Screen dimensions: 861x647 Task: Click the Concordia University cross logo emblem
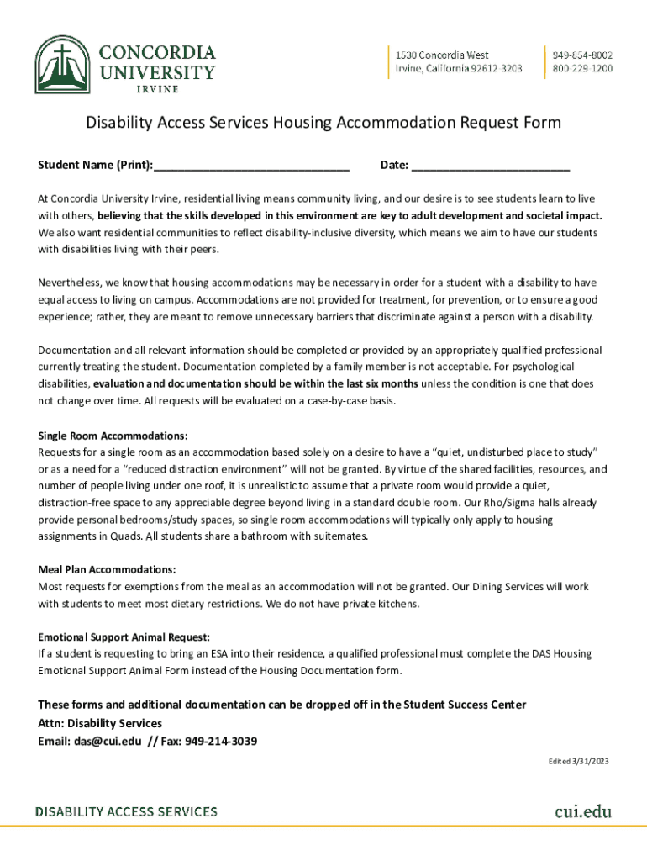pos(64,65)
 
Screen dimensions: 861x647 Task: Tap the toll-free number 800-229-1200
pos(582,68)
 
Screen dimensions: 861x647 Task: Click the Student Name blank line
pos(251,165)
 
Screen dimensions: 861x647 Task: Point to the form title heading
pos(323,124)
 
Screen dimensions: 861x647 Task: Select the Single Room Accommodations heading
pos(113,436)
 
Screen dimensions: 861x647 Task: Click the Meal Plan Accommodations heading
pos(107,569)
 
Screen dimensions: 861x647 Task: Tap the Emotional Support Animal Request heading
pos(124,637)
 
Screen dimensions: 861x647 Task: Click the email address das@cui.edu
pos(96,742)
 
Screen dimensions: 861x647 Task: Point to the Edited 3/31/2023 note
pos(578,761)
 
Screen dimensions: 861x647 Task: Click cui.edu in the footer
pos(582,811)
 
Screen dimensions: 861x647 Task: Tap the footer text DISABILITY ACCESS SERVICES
pos(126,812)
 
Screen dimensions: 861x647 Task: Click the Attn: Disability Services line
pos(100,723)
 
